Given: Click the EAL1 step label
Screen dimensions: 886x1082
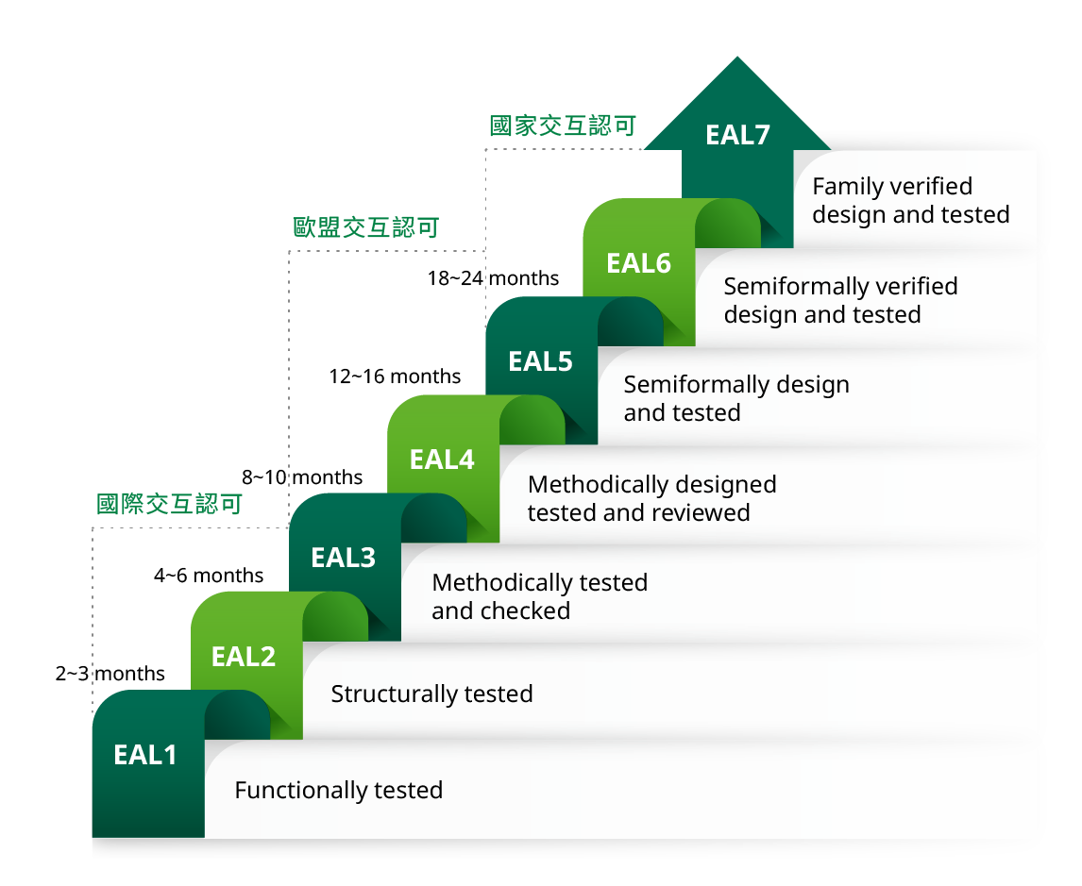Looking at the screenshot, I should [x=145, y=755].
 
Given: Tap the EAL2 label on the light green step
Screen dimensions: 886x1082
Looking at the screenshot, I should [x=244, y=657].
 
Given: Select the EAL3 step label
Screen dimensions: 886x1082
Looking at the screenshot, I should [x=344, y=558].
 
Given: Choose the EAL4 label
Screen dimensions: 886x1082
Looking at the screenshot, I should [x=442, y=460].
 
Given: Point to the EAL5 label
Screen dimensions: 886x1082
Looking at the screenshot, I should [x=540, y=361].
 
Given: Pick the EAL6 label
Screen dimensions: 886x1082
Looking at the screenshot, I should [x=639, y=263].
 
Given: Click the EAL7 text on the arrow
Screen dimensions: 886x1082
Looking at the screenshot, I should [x=738, y=136].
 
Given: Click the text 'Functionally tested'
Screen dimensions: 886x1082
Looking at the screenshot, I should [x=338, y=791].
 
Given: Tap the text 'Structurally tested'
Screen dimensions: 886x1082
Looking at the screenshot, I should [x=431, y=694].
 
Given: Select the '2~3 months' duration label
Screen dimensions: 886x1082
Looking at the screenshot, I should [x=110, y=674].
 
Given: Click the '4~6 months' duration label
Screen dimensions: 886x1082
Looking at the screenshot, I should [x=209, y=576].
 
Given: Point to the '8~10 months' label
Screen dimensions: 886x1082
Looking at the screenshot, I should [x=302, y=477].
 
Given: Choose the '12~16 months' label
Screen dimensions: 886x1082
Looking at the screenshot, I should [x=395, y=377].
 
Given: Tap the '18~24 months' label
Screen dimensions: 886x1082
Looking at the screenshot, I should [x=493, y=278].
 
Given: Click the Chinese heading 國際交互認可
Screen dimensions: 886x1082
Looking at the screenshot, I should [x=169, y=504].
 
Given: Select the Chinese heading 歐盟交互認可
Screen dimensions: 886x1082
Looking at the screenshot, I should [x=365, y=227].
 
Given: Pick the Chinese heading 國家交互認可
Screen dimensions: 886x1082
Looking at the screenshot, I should [x=563, y=126].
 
